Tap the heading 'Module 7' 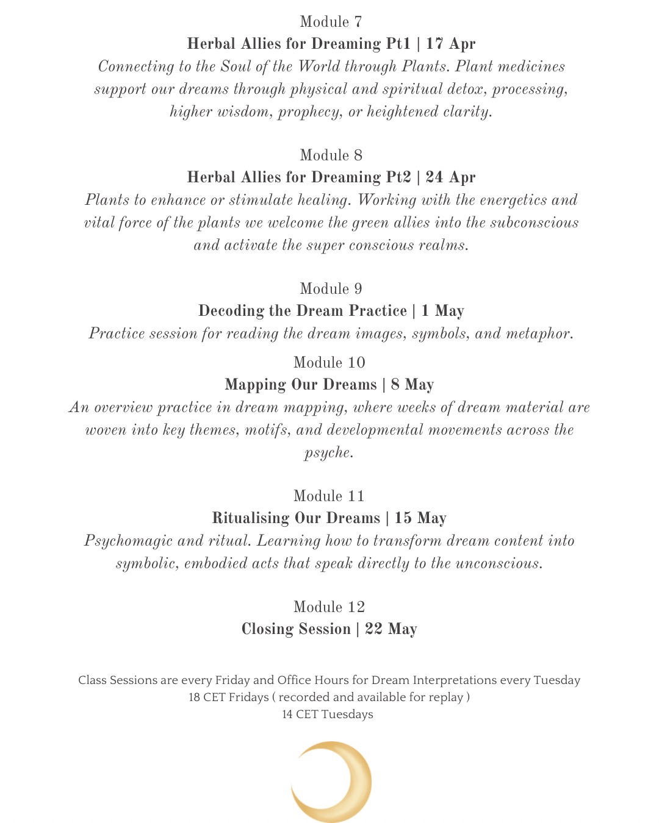[331, 22]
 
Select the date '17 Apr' [451, 44]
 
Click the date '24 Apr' [450, 177]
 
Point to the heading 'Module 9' [331, 288]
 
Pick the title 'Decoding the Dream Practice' [302, 311]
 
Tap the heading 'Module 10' [329, 362]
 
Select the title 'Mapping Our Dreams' [300, 385]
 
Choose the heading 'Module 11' [329, 496]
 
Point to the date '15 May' [420, 518]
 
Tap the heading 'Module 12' [329, 607]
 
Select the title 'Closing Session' [296, 629]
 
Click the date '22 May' [391, 629]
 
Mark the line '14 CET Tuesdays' [328, 714]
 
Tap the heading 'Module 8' [331, 155]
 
